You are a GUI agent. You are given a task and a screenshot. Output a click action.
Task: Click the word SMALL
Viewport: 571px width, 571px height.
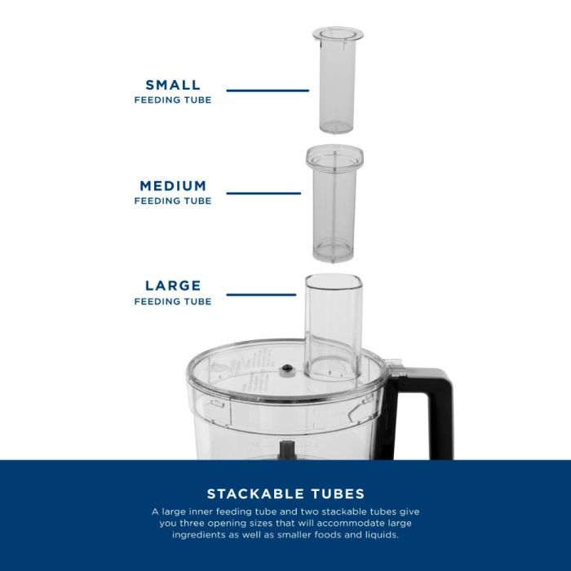173,85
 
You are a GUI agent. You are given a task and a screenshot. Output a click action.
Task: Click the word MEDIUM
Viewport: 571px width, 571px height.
173,186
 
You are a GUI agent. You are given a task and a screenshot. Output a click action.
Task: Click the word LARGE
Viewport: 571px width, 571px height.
173,285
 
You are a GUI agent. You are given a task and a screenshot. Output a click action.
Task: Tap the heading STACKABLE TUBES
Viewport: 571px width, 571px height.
285,494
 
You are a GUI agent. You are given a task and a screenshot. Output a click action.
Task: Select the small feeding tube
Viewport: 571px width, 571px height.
337,80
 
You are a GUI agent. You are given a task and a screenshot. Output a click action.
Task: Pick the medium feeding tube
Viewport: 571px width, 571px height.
334,203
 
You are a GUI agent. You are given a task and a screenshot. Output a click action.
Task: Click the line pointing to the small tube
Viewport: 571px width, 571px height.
268,91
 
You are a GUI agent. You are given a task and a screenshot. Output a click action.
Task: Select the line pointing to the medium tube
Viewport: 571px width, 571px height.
263,193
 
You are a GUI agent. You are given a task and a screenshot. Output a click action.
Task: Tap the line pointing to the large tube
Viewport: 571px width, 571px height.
261,294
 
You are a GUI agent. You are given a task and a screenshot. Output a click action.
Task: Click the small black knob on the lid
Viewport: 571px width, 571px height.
287,369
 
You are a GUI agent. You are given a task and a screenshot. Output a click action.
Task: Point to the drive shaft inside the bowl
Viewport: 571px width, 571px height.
286,449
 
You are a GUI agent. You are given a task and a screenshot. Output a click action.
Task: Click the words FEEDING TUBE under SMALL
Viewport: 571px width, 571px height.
173,100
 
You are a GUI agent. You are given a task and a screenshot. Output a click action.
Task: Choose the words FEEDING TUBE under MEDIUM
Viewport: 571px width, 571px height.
173,201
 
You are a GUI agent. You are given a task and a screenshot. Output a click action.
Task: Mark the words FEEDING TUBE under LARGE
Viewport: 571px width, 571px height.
173,302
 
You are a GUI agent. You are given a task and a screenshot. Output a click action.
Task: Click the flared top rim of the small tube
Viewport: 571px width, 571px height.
338,34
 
